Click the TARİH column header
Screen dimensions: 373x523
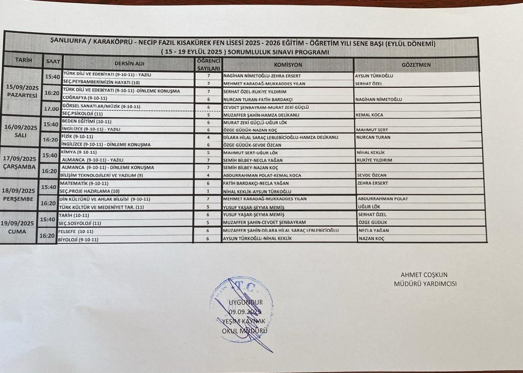[x=23, y=60]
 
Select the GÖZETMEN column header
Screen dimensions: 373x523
[x=416, y=65]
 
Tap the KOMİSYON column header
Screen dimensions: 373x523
[x=288, y=65]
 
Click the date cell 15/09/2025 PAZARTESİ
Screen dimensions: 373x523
[x=22, y=91]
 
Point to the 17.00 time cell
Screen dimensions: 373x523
[x=52, y=109]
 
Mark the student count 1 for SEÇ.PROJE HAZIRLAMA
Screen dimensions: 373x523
[x=208, y=191]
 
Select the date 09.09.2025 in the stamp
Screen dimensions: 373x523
[x=245, y=311]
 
